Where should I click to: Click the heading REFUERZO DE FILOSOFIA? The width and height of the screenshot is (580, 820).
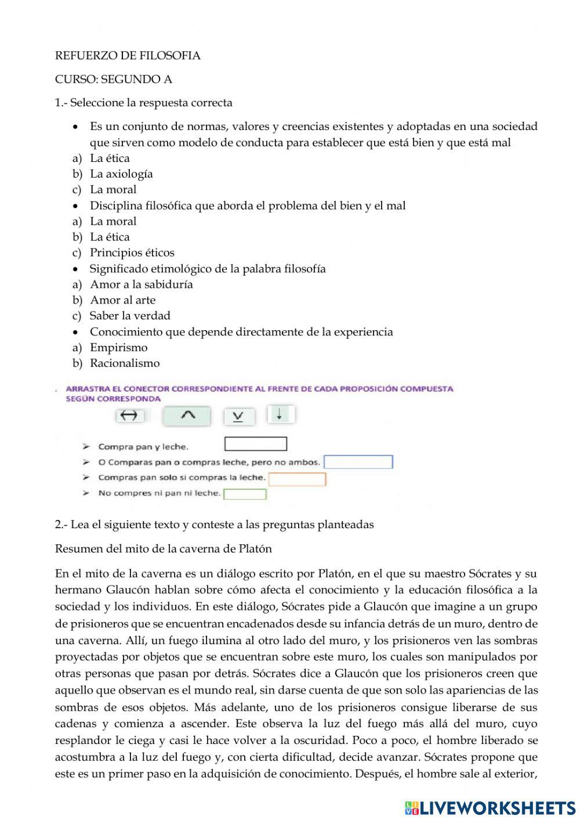pyautogui.click(x=128, y=56)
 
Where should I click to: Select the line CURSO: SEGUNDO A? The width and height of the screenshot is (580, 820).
pyautogui.click(x=114, y=79)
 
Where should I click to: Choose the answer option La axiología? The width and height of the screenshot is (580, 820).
pyautogui.click(x=121, y=174)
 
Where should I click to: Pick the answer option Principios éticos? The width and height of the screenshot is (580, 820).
pyautogui.click(x=132, y=252)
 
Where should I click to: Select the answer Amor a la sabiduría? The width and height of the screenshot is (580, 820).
pyautogui.click(x=141, y=284)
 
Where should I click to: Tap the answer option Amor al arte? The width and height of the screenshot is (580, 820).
pyautogui.click(x=122, y=300)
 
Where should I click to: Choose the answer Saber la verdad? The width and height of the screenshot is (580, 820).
pyautogui.click(x=130, y=316)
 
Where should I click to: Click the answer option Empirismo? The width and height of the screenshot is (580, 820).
pyautogui.click(x=118, y=348)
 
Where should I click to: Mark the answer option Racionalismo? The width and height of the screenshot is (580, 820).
pyautogui.click(x=125, y=363)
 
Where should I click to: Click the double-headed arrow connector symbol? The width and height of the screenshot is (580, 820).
pyautogui.click(x=130, y=416)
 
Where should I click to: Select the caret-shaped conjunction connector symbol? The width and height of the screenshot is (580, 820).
pyautogui.click(x=187, y=415)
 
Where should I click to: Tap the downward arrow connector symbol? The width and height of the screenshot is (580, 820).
pyautogui.click(x=280, y=414)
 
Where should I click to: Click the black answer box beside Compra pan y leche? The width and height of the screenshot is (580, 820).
pyautogui.click(x=255, y=444)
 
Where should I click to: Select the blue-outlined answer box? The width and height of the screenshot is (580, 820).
pyautogui.click(x=358, y=462)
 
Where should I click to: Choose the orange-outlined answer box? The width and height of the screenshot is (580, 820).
pyautogui.click(x=297, y=479)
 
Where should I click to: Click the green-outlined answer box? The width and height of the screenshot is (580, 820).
pyautogui.click(x=245, y=494)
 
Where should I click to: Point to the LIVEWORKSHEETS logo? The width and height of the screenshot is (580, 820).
pyautogui.click(x=490, y=807)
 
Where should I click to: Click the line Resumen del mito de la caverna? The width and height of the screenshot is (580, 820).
pyautogui.click(x=163, y=548)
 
